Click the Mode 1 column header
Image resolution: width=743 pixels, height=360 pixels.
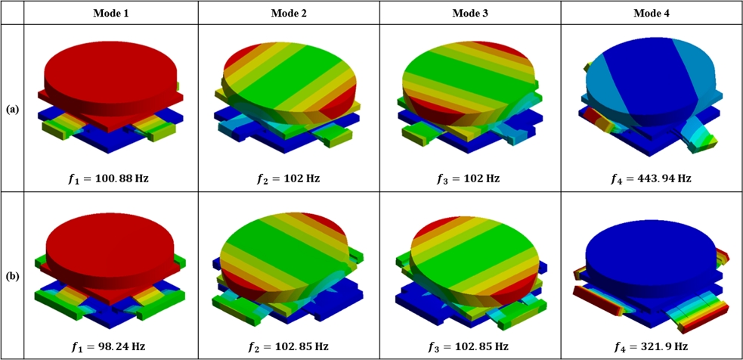tap(110, 13)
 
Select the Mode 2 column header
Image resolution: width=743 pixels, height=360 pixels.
tap(289, 13)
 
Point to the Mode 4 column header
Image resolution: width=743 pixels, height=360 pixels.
tap(652, 13)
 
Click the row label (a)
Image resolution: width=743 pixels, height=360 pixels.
tap(12, 109)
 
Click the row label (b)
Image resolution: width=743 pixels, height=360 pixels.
tap(12, 276)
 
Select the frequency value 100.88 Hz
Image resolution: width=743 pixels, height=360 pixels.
tap(110, 178)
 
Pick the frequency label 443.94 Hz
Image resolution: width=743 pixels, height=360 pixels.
tap(652, 178)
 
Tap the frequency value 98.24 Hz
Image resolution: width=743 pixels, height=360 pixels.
tap(110, 346)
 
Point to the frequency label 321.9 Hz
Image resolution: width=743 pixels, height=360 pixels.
tap(652, 346)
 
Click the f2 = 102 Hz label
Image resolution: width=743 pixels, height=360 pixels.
tap(289, 178)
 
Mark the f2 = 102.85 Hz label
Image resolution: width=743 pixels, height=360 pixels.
tap(289, 346)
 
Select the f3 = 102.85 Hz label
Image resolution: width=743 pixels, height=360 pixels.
tap(470, 346)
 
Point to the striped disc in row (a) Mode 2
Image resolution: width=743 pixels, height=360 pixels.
tap(289, 79)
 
